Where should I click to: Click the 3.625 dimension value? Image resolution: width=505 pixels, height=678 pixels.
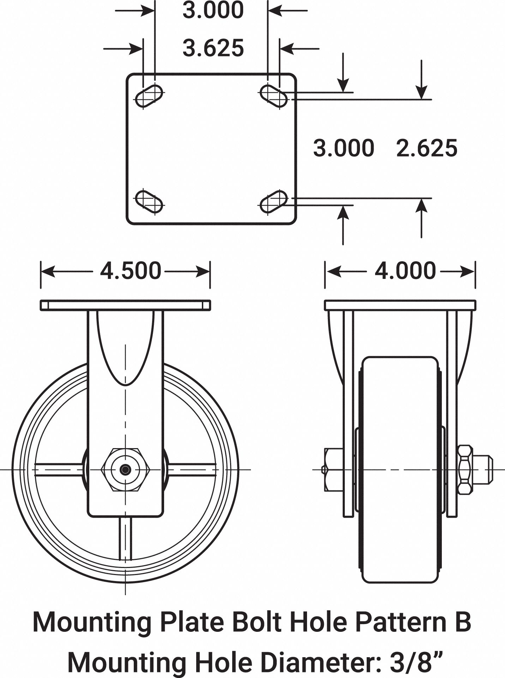(213, 48)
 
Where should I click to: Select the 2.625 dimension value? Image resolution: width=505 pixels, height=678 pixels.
(427, 148)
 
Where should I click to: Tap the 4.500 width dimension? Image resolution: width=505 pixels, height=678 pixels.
(131, 271)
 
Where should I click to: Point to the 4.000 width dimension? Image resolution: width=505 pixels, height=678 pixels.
(405, 271)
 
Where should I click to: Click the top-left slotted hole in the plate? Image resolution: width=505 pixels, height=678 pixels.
(149, 96)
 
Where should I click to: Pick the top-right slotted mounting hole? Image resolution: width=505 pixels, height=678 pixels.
(273, 96)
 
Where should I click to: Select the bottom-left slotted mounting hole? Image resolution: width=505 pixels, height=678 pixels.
(149, 201)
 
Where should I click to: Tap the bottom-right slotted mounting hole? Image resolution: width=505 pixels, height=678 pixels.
(273, 201)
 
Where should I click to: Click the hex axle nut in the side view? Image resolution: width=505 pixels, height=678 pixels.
(125, 470)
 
